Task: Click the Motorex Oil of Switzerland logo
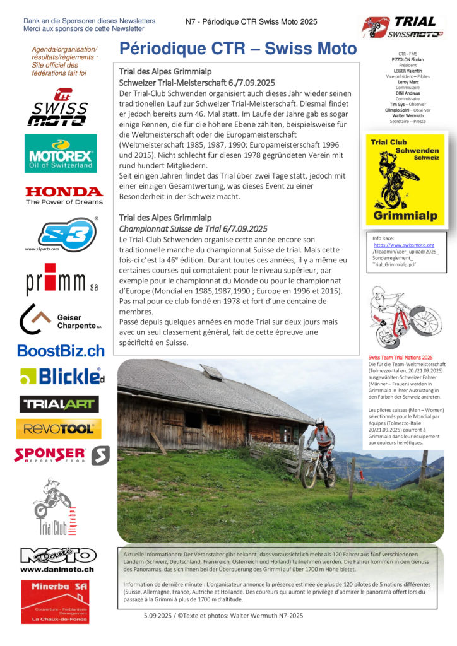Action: [x=61, y=153]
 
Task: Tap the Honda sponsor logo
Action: [x=64, y=196]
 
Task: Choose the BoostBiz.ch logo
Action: [x=61, y=351]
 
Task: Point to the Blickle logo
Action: [x=62, y=377]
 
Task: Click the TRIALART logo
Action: [x=59, y=404]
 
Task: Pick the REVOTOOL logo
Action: [x=59, y=429]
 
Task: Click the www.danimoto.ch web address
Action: [x=57, y=569]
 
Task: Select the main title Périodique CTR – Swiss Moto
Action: [x=238, y=49]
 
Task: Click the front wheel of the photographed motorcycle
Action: [x=309, y=476]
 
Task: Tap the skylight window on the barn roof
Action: [x=211, y=372]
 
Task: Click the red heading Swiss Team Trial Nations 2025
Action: [x=400, y=357]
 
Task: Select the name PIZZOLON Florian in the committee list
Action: [x=403, y=60]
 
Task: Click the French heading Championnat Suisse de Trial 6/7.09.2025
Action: [x=193, y=228]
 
